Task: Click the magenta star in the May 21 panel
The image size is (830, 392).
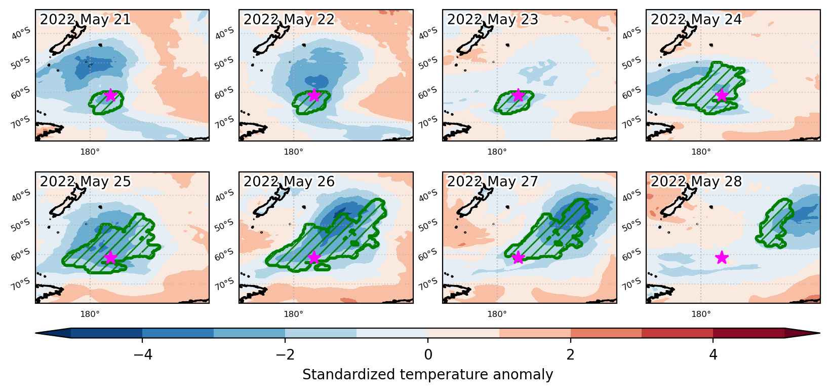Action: point(110,95)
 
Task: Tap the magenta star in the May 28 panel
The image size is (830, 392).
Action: point(722,257)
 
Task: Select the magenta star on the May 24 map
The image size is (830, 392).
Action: point(722,95)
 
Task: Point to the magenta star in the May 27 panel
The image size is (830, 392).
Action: point(518,257)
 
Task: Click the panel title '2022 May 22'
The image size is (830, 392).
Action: point(289,19)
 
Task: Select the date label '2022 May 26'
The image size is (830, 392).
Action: point(289,182)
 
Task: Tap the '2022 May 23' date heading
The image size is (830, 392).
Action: point(492,19)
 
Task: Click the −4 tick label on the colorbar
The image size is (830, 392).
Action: point(143,355)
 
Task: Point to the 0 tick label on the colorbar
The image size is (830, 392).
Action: point(428,355)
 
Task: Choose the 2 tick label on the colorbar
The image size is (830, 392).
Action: point(571,355)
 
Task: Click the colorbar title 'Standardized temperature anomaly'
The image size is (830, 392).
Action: point(427,374)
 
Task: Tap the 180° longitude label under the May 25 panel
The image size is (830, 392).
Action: point(90,314)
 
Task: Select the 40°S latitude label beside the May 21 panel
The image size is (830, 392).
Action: point(21,33)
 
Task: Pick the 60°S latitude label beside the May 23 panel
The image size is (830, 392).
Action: point(428,92)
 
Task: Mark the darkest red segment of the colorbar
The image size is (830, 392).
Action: point(748,333)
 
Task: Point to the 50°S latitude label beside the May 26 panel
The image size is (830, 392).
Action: point(224,225)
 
